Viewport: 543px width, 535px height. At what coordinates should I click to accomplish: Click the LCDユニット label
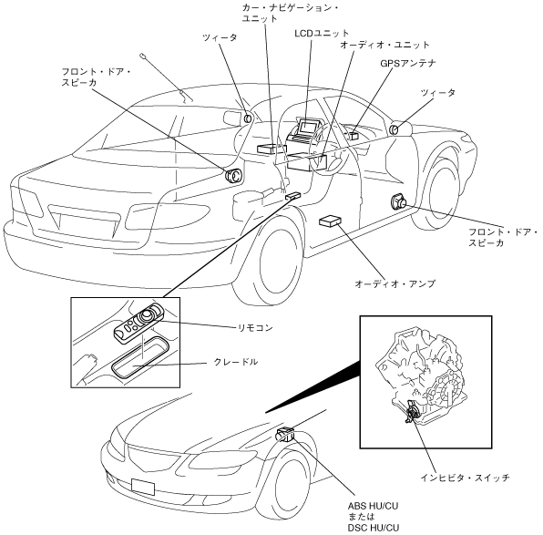(322, 33)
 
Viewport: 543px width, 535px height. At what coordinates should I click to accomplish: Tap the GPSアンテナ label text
(408, 64)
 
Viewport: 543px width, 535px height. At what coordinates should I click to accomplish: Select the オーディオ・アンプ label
(394, 283)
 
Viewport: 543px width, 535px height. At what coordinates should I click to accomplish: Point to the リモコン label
(255, 327)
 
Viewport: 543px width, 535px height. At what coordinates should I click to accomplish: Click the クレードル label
(236, 362)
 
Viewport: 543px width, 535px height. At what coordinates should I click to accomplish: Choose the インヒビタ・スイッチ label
(465, 478)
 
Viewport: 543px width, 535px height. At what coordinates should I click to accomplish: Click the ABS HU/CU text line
(373, 506)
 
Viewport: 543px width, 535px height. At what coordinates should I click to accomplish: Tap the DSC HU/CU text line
(374, 528)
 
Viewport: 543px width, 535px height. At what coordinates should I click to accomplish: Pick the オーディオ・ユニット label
(384, 45)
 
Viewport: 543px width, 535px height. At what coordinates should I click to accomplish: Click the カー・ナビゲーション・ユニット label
(291, 13)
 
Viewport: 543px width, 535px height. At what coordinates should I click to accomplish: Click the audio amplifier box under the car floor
(330, 221)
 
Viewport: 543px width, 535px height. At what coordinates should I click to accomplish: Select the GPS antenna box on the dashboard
(353, 136)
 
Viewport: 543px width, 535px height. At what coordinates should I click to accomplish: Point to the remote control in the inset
(138, 323)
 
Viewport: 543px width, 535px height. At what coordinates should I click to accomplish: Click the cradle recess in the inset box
(140, 357)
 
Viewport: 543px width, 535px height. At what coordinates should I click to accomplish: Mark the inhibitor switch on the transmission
(412, 412)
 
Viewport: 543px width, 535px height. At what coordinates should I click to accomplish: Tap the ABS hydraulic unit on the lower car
(286, 435)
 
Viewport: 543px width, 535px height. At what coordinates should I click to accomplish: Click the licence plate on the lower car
(143, 487)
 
